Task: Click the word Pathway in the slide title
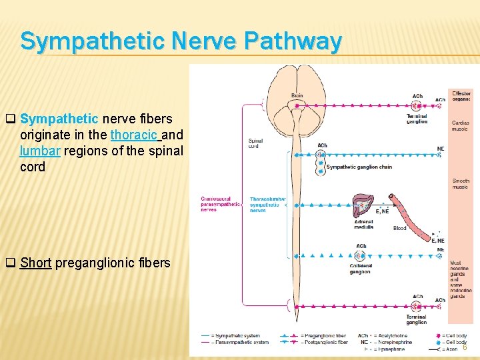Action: [293, 41]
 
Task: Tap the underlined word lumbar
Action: [40, 151]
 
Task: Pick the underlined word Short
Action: [35, 263]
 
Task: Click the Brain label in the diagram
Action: [297, 95]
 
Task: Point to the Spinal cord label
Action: [255, 143]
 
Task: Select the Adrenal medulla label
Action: [363, 224]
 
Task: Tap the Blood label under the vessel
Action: [399, 228]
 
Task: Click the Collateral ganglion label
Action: [360, 269]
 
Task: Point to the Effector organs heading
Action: [461, 96]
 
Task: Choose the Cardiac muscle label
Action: [461, 125]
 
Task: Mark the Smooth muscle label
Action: [461, 184]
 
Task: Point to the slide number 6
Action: [465, 347]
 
